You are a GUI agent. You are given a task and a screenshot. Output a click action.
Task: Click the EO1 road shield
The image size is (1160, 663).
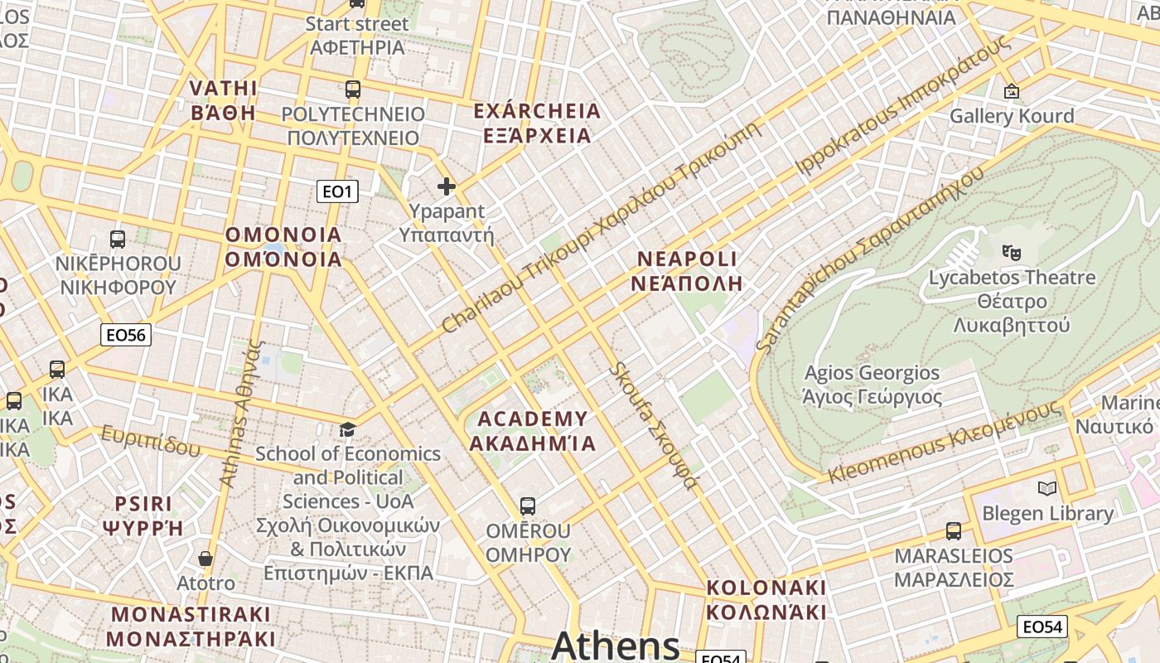(337, 192)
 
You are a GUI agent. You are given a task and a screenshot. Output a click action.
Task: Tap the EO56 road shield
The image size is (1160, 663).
(126, 335)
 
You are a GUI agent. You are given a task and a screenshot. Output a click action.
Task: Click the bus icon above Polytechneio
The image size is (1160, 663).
(353, 90)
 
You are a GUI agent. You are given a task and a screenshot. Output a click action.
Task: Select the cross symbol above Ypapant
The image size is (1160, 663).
(447, 186)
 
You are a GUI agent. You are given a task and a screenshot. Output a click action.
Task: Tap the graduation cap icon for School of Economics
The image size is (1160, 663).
(348, 429)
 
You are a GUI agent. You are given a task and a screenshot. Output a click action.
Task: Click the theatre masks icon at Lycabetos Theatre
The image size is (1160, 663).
(1010, 251)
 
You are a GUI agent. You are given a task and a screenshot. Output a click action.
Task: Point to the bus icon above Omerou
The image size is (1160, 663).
(527, 506)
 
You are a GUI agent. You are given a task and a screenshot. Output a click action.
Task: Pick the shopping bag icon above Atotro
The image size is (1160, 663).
(205, 559)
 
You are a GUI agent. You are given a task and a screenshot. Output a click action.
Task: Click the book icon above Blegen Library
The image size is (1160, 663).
(1047, 488)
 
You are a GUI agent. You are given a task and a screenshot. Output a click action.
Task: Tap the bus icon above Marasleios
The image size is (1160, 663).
(954, 530)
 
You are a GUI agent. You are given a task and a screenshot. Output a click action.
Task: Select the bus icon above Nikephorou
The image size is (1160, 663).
(118, 240)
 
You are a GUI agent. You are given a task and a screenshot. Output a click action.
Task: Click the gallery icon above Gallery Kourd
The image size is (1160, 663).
(1011, 91)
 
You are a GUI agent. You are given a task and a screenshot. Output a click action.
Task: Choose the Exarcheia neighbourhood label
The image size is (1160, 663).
(536, 123)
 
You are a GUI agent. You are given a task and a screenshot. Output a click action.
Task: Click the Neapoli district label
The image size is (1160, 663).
(686, 271)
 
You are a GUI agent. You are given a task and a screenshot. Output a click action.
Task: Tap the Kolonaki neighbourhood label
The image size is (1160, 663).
(766, 600)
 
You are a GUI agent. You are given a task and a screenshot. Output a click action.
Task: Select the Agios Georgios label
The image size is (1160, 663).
(872, 385)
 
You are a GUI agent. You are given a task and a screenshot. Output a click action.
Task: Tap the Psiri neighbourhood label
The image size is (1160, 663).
(143, 515)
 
